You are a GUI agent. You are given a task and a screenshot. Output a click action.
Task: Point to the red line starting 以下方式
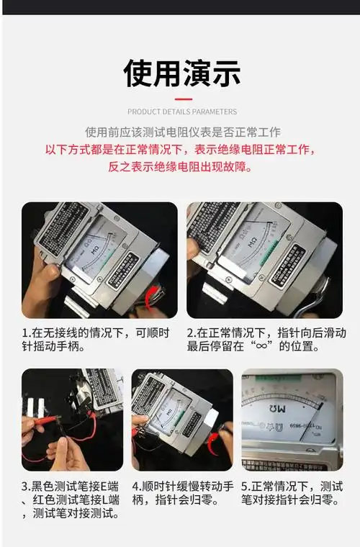[x=180, y=150]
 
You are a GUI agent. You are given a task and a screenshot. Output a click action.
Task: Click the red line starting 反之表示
[x=180, y=166]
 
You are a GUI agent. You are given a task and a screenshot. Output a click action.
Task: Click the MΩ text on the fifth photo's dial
[x=289, y=407]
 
